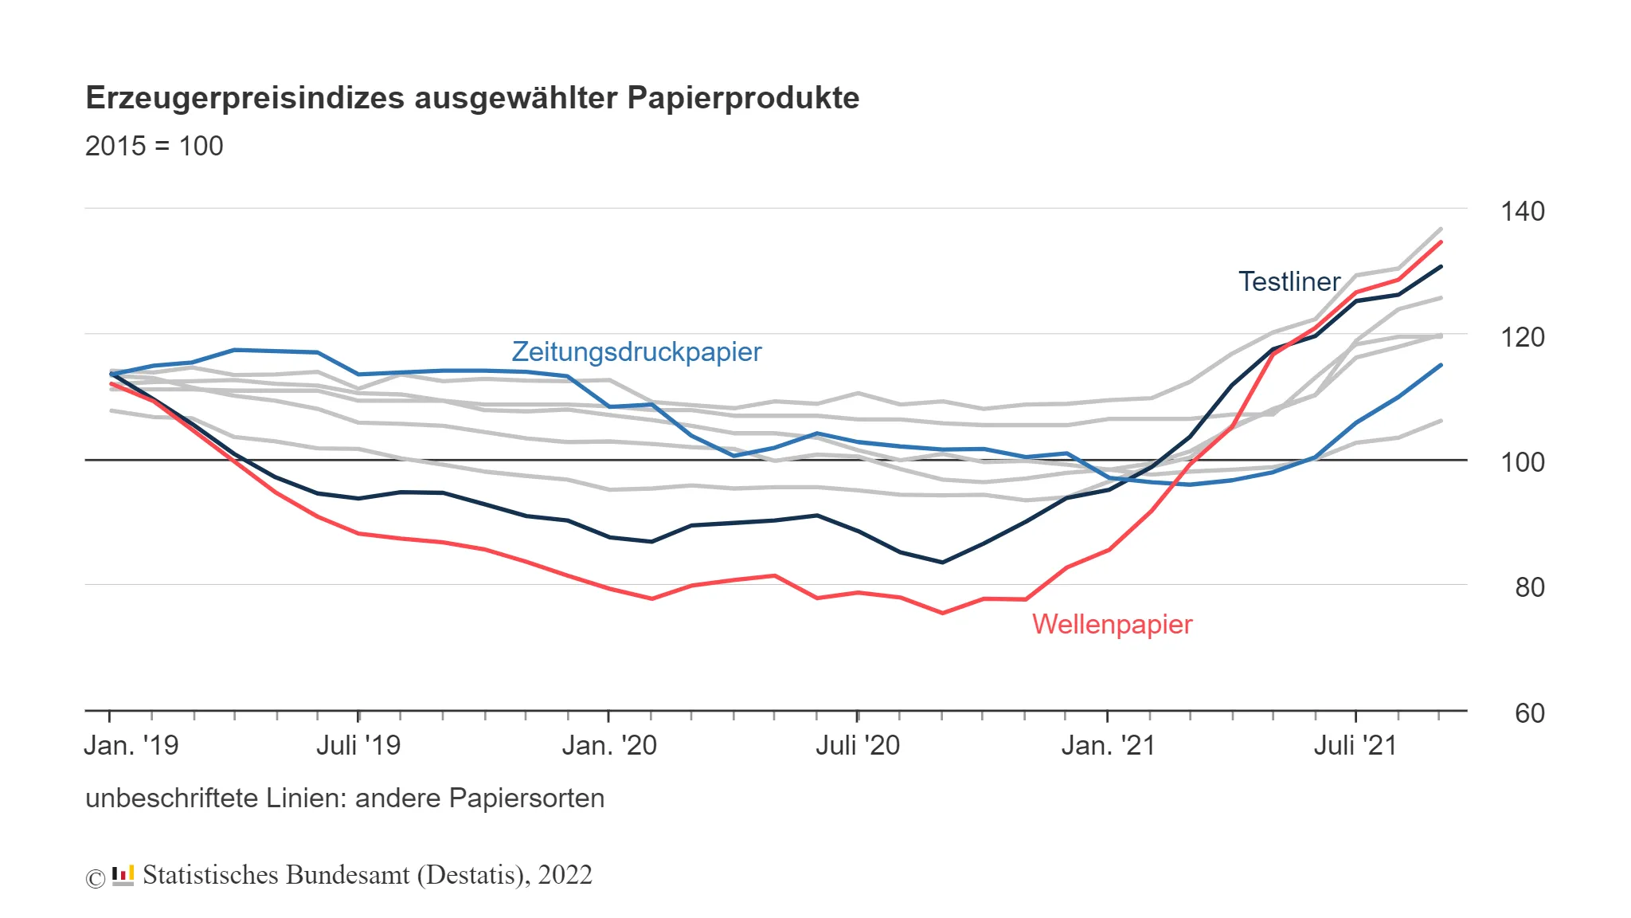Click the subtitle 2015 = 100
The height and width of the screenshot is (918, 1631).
154,147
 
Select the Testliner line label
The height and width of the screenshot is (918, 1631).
1289,281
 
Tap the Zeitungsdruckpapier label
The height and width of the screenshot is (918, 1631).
636,351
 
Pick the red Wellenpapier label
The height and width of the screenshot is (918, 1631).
1112,624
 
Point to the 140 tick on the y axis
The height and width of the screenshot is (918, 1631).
1522,211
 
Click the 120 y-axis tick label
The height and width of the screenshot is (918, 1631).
1522,337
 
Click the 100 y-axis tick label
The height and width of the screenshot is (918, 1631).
1522,462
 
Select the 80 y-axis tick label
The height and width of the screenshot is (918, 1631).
1529,587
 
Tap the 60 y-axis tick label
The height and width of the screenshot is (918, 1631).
1529,713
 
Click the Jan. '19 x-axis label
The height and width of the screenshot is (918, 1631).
131,746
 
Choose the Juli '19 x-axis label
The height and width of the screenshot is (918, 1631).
358,746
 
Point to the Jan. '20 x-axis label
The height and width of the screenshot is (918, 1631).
609,746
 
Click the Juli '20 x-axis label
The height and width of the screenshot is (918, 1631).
858,746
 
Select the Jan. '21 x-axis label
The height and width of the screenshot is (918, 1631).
1108,746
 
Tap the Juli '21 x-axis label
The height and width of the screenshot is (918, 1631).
1355,746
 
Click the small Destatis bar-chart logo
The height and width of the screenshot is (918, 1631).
123,875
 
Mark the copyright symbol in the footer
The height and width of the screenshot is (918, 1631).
96,878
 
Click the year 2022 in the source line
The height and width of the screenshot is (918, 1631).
565,875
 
